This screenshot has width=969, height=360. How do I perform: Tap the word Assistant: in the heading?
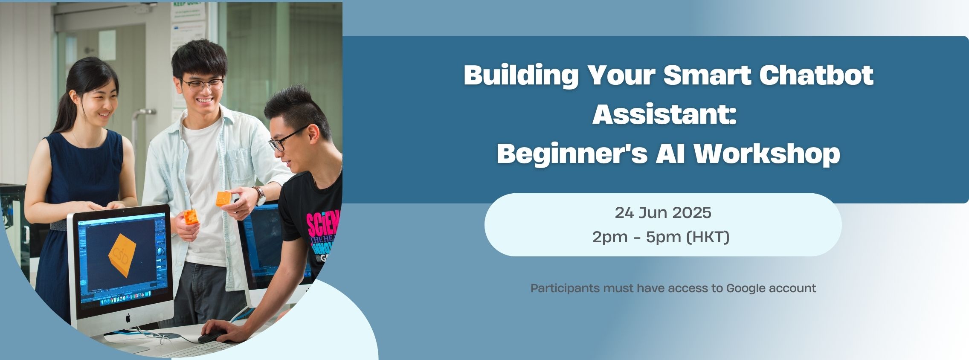pyautogui.click(x=664, y=114)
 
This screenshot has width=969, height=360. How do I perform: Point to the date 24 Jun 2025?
pyautogui.click(x=663, y=212)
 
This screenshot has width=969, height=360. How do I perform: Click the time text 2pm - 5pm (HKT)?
pyautogui.click(x=661, y=237)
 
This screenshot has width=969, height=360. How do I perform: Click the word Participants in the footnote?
pyautogui.click(x=565, y=289)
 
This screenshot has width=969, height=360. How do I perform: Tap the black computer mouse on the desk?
pyautogui.click(x=213, y=337)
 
